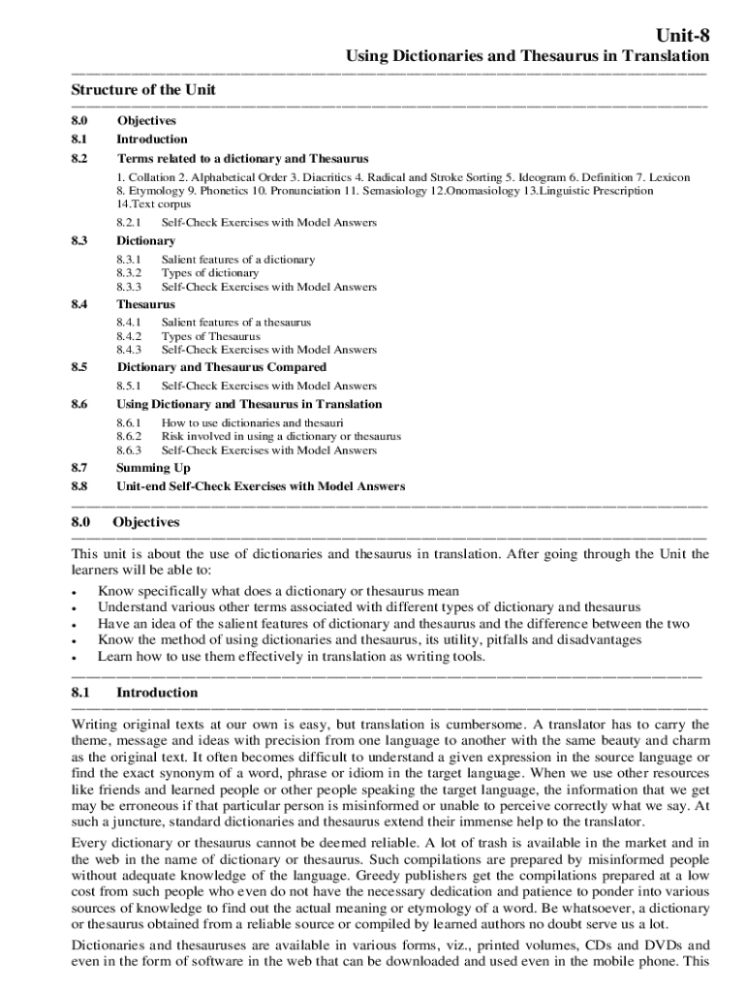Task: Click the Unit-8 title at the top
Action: pyautogui.click(x=682, y=36)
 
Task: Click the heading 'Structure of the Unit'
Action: pyautogui.click(x=143, y=90)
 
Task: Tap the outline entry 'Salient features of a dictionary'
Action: pyautogui.click(x=237, y=260)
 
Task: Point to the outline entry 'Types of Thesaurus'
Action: pyautogui.click(x=210, y=336)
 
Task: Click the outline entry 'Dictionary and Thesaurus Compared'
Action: pyautogui.click(x=222, y=367)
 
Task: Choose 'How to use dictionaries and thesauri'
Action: pyautogui.click(x=252, y=423)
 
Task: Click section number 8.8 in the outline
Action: pyautogui.click(x=79, y=486)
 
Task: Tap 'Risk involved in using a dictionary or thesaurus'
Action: pyautogui.click(x=281, y=437)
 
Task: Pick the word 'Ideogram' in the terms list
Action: pyautogui.click(x=541, y=178)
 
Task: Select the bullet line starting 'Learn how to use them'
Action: pyautogui.click(x=292, y=656)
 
